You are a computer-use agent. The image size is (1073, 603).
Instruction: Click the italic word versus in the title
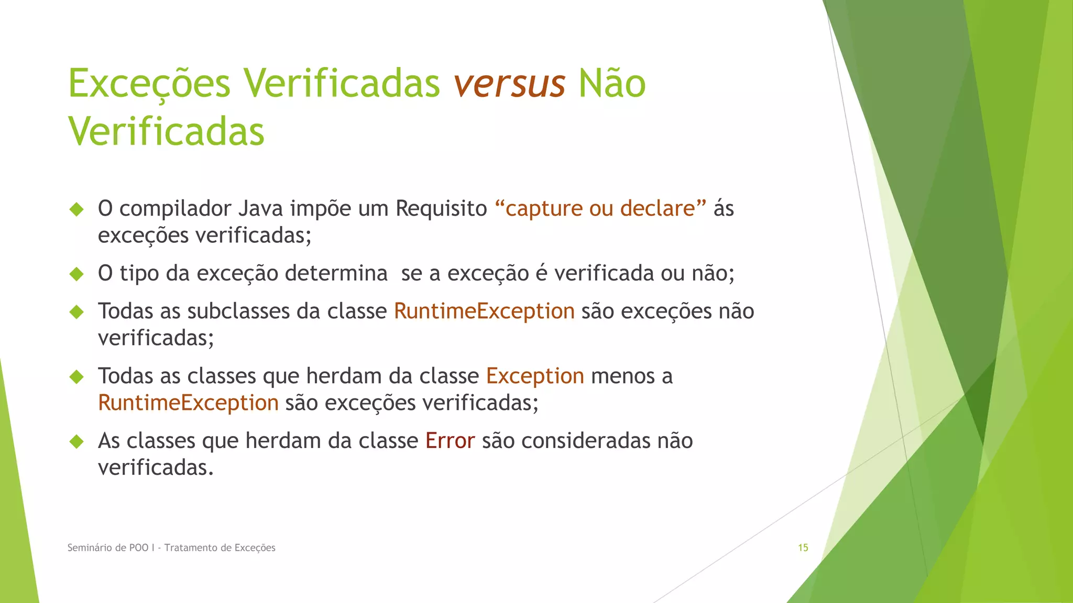(509, 84)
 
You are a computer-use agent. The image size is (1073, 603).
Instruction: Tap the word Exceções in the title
(149, 84)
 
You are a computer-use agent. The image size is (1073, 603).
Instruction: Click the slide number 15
(803, 548)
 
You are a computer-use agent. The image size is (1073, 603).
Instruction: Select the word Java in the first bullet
(260, 208)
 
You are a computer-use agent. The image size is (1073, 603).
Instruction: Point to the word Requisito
(441, 208)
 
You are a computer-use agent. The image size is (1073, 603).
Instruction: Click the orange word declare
(658, 208)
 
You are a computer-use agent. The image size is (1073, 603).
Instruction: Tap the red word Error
(450, 441)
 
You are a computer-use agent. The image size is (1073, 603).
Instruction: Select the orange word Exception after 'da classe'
(535, 376)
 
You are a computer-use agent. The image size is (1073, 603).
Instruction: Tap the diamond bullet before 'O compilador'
(76, 209)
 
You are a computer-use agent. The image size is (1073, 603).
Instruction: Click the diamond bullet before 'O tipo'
(76, 274)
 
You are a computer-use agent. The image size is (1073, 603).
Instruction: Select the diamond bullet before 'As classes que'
(76, 441)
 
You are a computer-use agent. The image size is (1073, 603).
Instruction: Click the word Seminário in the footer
(89, 548)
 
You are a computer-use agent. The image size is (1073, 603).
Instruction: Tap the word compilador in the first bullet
(176, 208)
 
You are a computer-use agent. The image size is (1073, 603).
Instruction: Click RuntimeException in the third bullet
(484, 311)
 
